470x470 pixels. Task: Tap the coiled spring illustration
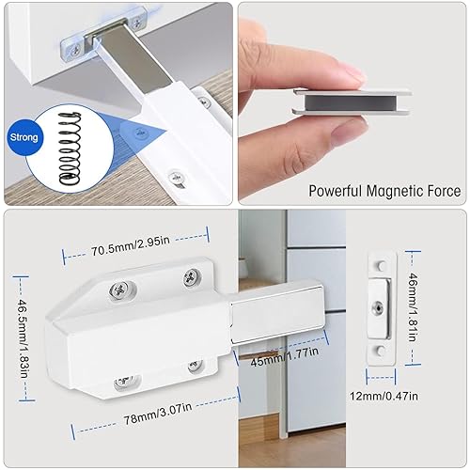70,148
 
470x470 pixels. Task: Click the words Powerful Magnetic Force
384,191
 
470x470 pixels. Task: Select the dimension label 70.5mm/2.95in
131,246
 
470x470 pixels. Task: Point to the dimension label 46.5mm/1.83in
23,338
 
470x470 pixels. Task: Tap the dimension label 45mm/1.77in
285,356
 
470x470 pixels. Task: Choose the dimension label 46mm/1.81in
413,307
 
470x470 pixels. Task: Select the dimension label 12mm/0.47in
384,396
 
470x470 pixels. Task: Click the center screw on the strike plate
378,308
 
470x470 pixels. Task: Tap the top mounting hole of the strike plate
381,266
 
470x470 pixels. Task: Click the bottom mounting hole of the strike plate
381,351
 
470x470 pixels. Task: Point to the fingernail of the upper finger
351,75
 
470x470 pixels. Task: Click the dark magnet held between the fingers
351,103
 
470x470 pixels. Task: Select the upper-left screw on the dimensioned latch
119,290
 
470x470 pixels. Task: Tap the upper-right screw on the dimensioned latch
192,277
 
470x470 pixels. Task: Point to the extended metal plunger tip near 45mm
278,316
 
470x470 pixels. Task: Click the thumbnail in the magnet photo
349,131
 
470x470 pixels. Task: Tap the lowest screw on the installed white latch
176,178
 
